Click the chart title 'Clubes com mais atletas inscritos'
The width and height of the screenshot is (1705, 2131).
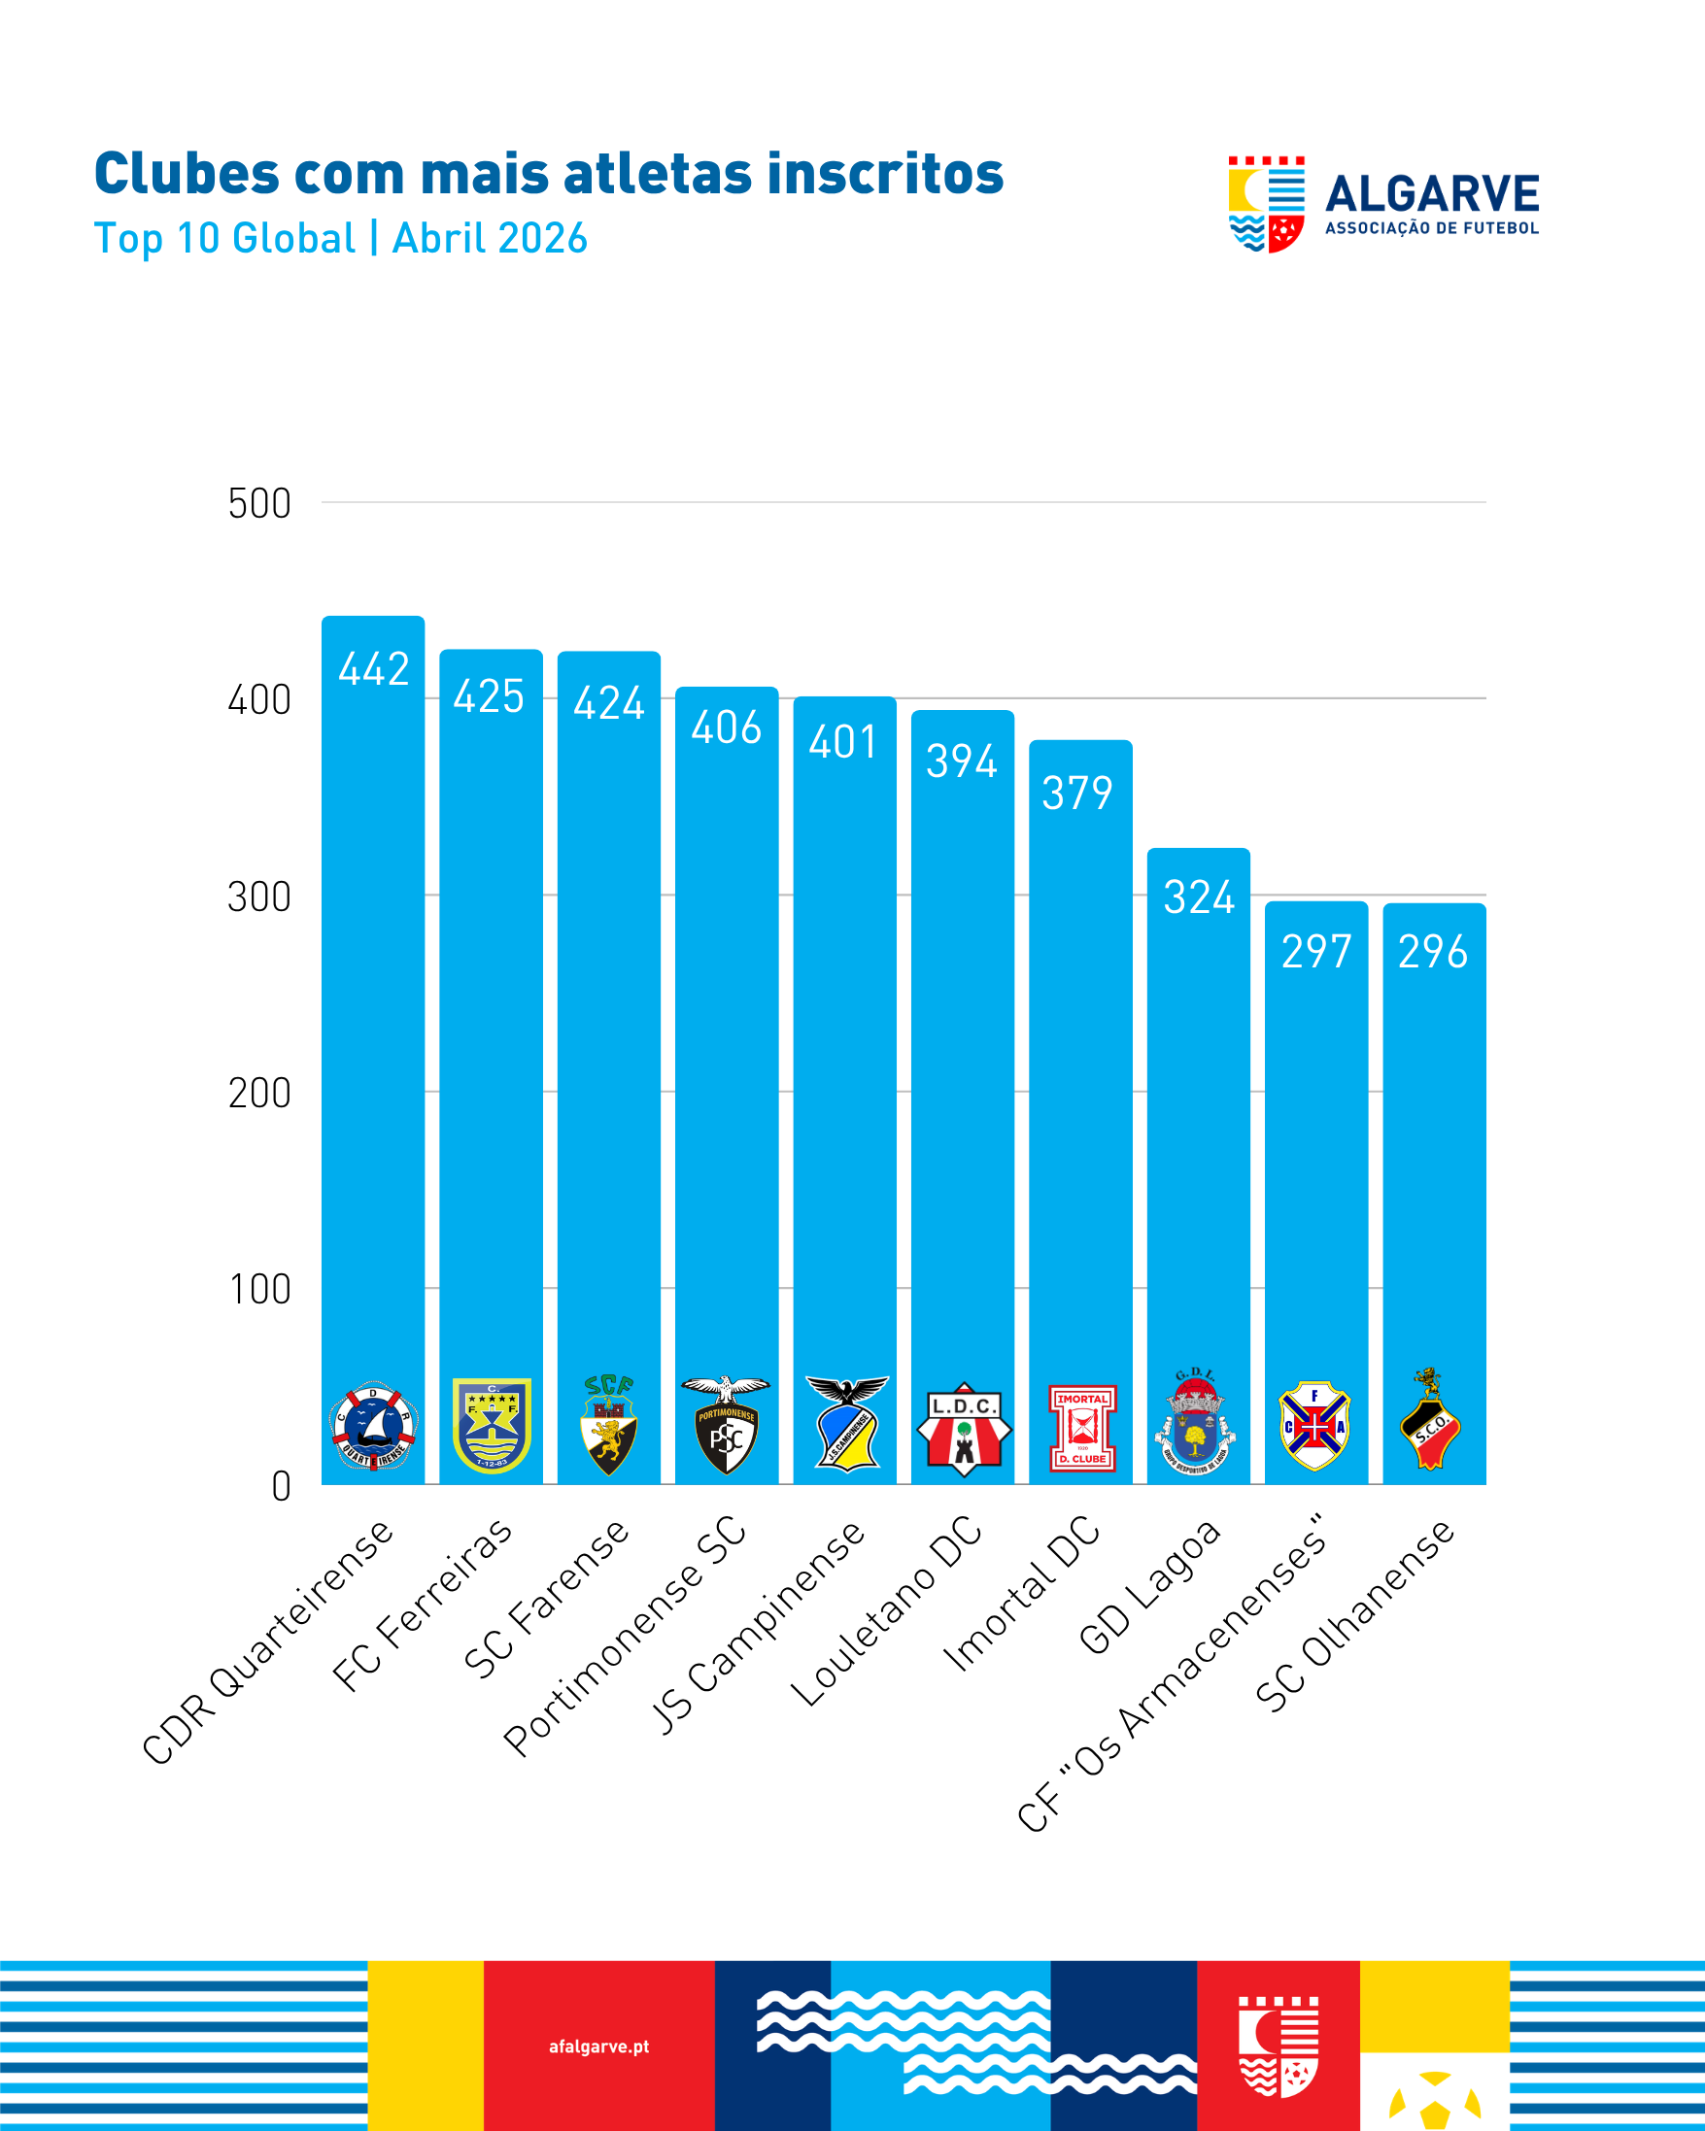coord(549,174)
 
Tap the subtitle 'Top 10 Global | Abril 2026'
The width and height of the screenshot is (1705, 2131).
coord(341,238)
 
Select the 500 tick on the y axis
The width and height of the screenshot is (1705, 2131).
coord(259,504)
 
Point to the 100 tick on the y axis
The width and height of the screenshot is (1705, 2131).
coord(260,1290)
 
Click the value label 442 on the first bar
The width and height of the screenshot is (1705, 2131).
coord(374,669)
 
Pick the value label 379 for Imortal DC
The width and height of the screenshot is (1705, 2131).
coord(1077,793)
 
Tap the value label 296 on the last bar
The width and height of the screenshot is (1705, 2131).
coord(1433,952)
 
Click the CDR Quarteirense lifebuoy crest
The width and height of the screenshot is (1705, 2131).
coord(374,1426)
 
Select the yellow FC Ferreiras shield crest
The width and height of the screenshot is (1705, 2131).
coord(492,1425)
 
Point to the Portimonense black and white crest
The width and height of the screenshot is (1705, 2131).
coord(727,1425)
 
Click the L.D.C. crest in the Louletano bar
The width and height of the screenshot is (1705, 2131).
coord(964,1429)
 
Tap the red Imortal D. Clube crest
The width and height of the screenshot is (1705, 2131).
coord(1082,1428)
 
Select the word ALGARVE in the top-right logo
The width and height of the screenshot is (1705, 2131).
coord(1431,193)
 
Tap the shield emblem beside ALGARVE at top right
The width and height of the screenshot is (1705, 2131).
coord(1266,205)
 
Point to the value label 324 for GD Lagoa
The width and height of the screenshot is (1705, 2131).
coord(1199,897)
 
